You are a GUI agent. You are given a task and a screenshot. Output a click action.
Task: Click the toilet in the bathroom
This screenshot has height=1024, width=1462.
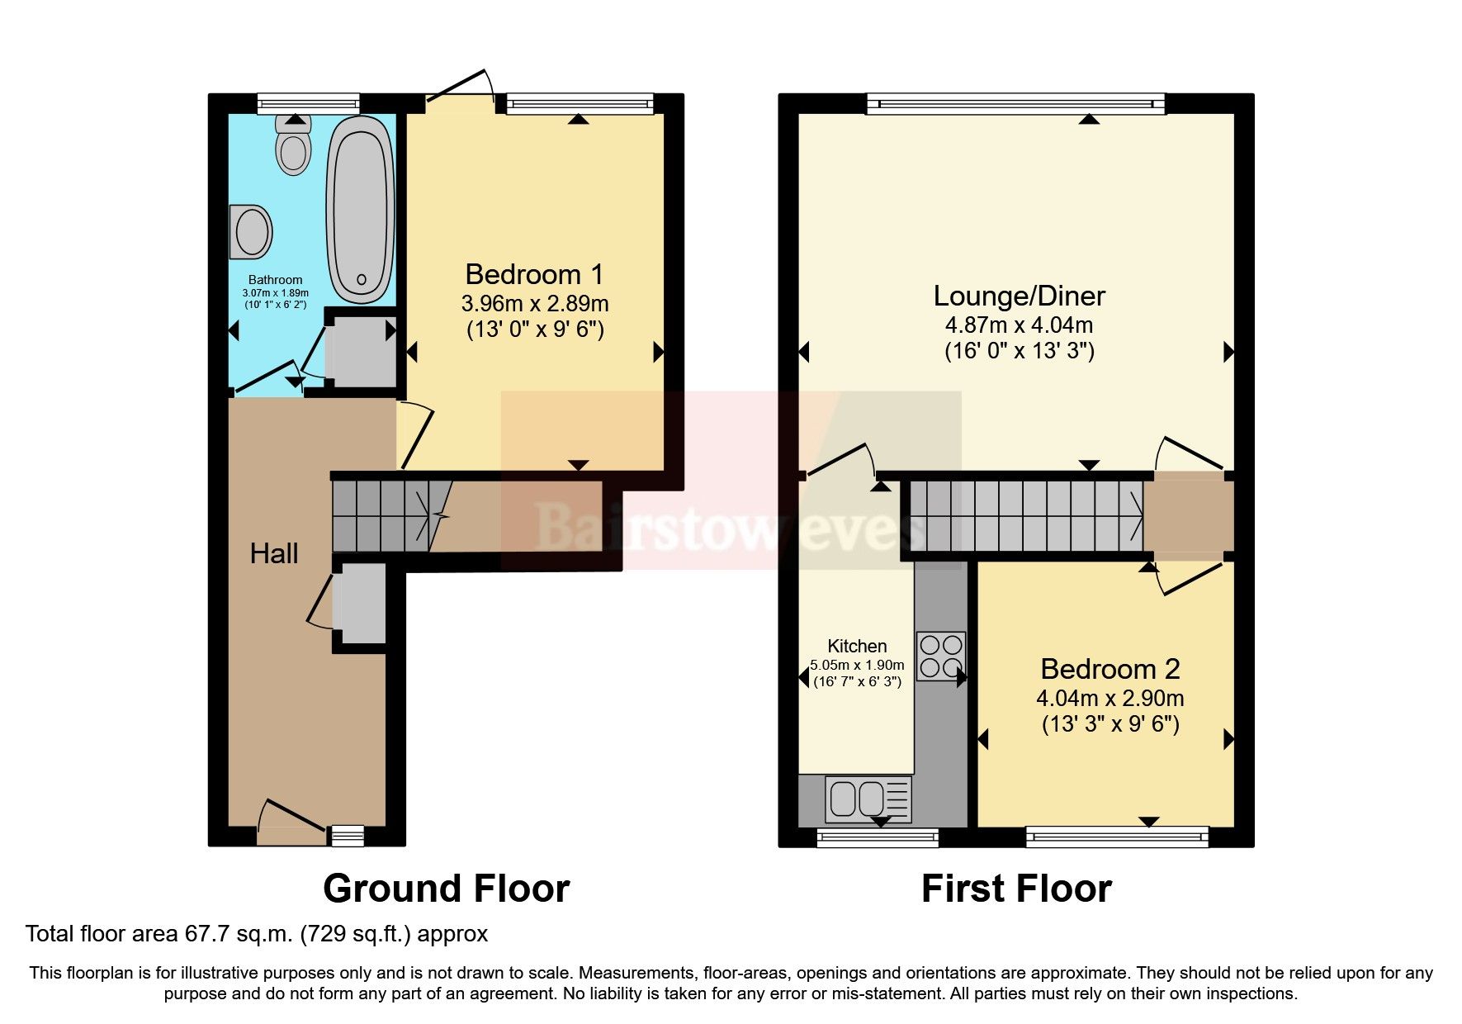tap(293, 149)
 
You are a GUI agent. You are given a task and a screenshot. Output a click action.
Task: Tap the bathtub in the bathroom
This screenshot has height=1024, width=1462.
tap(361, 211)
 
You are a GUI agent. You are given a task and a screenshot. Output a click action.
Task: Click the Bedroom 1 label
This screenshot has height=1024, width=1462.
tap(534, 274)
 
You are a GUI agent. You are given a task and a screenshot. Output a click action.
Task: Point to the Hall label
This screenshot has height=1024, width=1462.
tap(273, 553)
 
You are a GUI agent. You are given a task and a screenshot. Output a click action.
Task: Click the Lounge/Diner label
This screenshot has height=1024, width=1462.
tap(1019, 296)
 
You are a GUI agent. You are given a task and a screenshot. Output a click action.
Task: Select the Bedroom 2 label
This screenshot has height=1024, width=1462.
tap(1110, 669)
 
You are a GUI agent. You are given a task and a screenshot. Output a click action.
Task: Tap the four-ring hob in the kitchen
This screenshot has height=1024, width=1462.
tap(940, 656)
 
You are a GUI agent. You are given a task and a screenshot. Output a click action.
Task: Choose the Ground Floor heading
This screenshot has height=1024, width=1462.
tap(446, 889)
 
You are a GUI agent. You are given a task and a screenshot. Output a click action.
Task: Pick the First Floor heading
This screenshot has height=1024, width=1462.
tap(1016, 889)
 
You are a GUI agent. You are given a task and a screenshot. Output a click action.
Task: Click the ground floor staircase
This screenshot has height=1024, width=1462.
tap(381, 517)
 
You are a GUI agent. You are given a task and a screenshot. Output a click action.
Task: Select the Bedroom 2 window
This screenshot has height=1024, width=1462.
tap(1116, 837)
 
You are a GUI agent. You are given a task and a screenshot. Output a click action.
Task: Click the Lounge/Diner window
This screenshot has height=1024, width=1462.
tap(1015, 103)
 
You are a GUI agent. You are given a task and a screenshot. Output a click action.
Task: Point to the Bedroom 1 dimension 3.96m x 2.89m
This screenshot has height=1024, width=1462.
tap(534, 304)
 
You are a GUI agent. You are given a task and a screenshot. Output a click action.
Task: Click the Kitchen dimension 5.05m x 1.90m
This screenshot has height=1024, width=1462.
tap(857, 665)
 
